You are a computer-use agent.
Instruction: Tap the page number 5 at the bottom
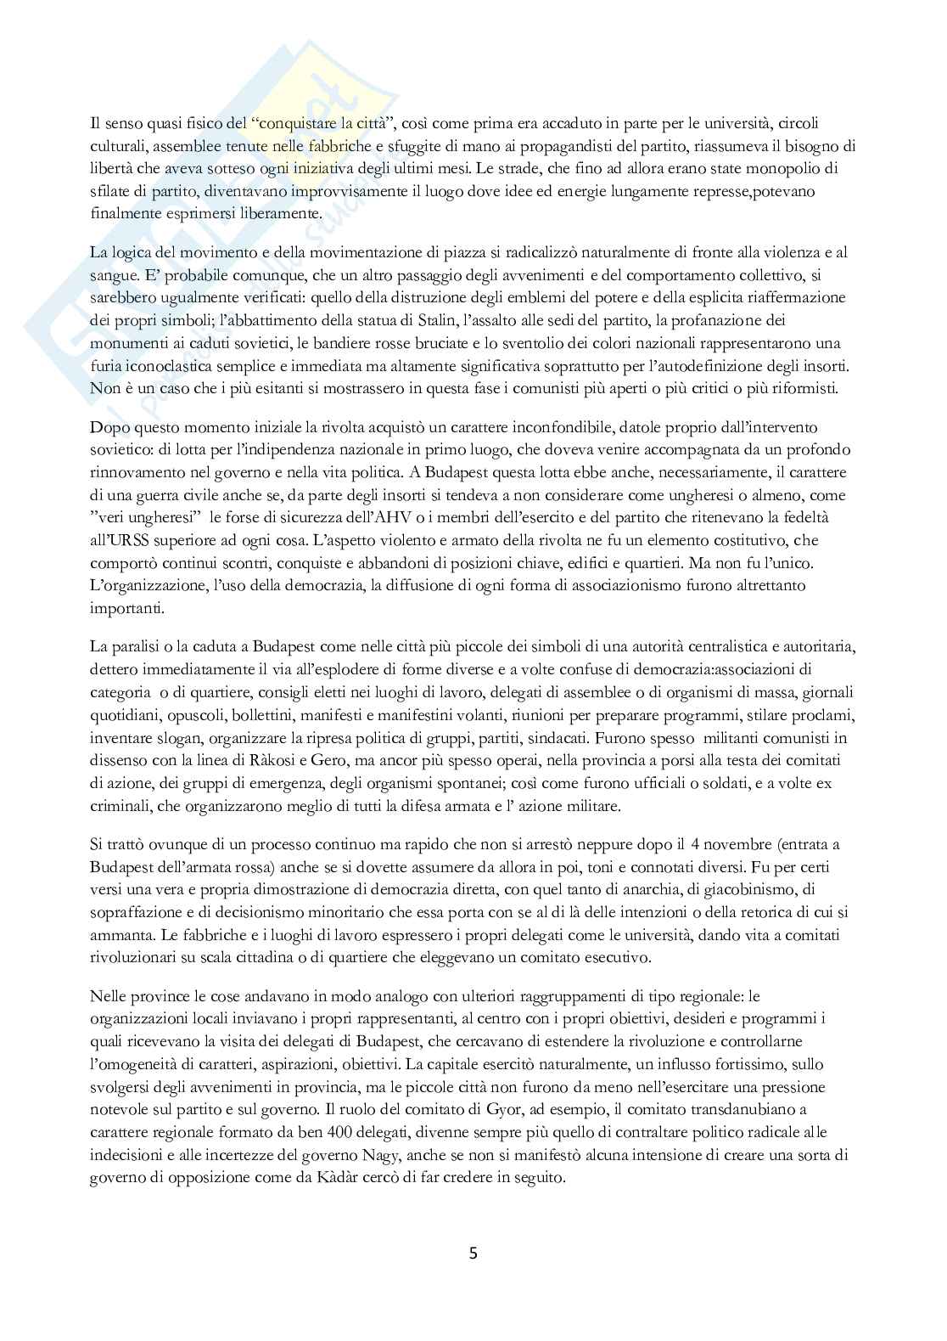point(473,1253)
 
